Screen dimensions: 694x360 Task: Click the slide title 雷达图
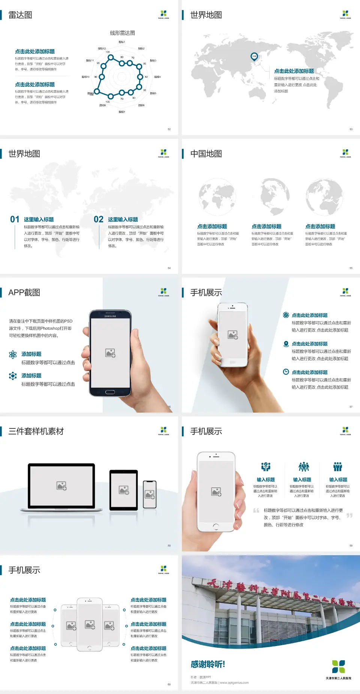20,15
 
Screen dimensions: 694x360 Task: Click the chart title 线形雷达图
122,33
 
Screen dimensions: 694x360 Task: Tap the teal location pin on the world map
254,57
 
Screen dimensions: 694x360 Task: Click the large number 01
15,219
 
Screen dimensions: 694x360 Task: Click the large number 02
99,219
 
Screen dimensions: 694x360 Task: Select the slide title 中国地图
206,154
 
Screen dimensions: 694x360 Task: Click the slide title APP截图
24,293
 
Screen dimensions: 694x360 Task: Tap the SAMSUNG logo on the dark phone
110,316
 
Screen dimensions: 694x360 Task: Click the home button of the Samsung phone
110,392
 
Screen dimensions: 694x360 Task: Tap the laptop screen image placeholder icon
61,486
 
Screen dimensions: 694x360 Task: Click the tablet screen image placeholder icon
124,490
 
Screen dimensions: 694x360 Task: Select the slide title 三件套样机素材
36,431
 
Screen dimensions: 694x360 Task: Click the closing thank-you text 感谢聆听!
208,664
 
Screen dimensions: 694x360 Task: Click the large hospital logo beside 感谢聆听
338,667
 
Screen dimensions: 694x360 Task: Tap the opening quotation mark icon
256,510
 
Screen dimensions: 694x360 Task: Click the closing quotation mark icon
349,515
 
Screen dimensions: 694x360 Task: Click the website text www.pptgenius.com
234,683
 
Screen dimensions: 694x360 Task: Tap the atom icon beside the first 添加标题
13,355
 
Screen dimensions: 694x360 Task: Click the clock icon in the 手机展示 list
286,372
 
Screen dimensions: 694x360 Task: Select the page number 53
351,129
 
